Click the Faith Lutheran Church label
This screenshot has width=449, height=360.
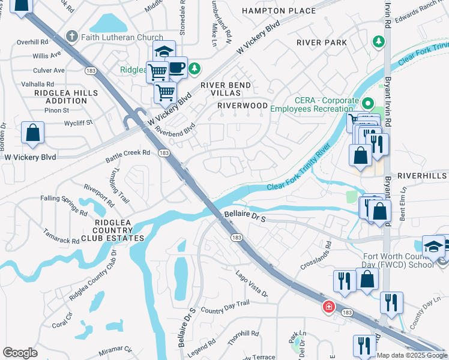(124, 37)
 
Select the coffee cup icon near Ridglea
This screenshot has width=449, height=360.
(176, 68)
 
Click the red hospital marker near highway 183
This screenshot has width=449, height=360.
(328, 307)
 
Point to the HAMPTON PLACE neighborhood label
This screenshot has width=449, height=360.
(279, 11)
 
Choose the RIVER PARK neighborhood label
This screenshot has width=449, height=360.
(322, 43)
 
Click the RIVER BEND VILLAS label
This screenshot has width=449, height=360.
(225, 90)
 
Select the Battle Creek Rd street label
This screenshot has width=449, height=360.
(128, 155)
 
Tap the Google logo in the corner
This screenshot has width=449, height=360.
(20, 353)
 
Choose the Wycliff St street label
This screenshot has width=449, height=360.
(79, 123)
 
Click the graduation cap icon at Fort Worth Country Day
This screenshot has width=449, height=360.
(433, 247)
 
